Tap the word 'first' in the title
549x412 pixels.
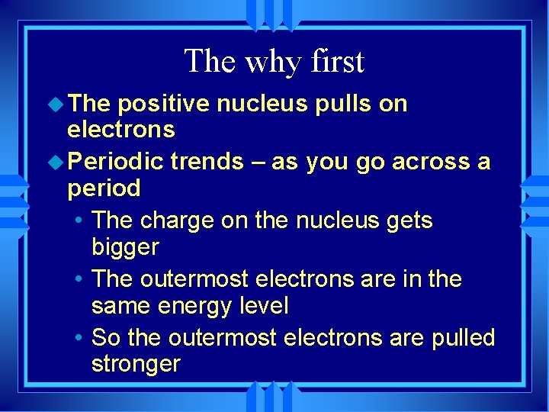336,61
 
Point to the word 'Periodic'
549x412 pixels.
116,162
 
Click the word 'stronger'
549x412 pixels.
136,365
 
